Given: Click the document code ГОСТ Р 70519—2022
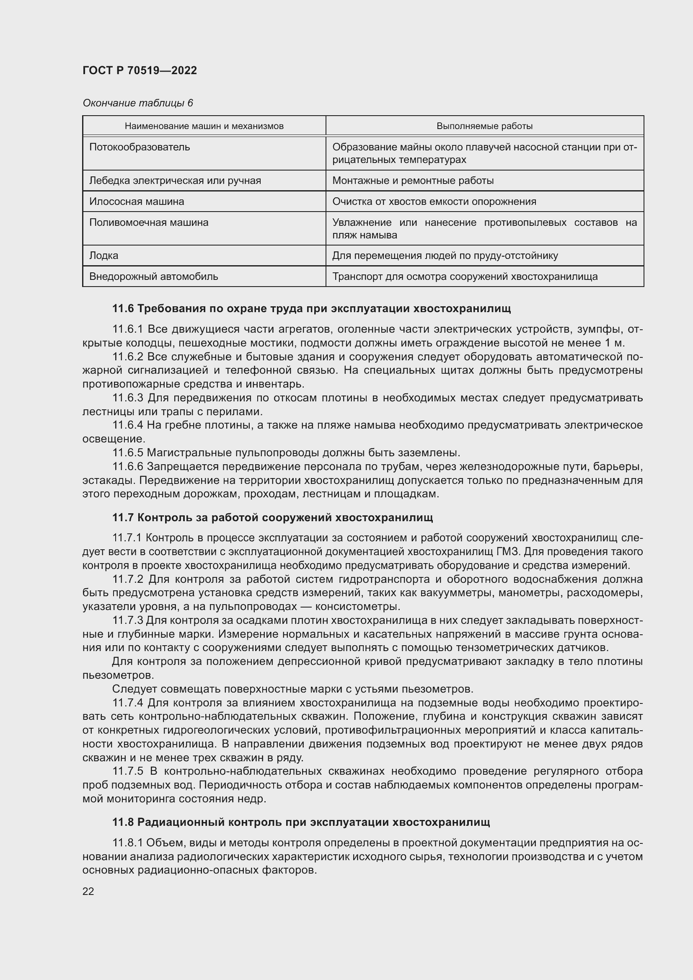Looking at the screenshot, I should point(140,70).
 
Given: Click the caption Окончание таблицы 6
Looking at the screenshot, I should point(137,103).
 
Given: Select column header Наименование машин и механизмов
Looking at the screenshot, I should point(204,126).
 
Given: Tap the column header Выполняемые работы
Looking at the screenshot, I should point(484,126).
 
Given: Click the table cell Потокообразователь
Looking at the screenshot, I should point(140,147).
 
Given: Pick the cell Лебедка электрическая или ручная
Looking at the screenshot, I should point(175,181).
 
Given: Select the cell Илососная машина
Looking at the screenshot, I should point(137,202).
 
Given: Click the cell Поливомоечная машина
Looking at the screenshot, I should point(148,222).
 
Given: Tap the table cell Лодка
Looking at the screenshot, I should point(103,256).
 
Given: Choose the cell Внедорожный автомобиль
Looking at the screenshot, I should point(153,277).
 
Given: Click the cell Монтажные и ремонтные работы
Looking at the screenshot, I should point(413,181).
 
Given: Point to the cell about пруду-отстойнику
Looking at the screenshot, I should point(445,256).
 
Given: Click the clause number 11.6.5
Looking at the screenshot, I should point(128,453).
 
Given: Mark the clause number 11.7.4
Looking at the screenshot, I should point(128,703).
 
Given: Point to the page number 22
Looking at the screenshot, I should point(88,891).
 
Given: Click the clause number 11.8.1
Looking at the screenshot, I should point(128,843).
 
